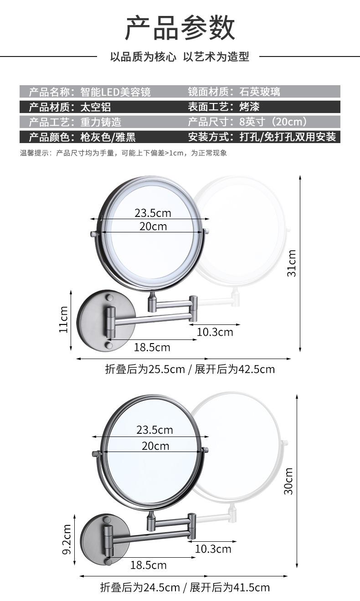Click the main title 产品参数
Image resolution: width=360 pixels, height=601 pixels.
pos(180,28)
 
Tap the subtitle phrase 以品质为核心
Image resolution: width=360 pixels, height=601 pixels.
pos(143,57)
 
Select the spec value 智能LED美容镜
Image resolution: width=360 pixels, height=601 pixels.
pos(115,92)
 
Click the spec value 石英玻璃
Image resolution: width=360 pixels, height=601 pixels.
pos(259,92)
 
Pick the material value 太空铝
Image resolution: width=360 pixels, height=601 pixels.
pos(96,107)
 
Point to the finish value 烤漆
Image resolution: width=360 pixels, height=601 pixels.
pos(249,107)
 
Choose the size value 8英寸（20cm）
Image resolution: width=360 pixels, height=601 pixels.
pos(273,122)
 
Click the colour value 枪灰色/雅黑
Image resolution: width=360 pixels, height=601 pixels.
pos(108,137)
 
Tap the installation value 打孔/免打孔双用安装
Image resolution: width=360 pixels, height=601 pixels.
pos(288,137)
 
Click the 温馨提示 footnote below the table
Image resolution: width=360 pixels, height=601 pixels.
pos(123,153)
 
